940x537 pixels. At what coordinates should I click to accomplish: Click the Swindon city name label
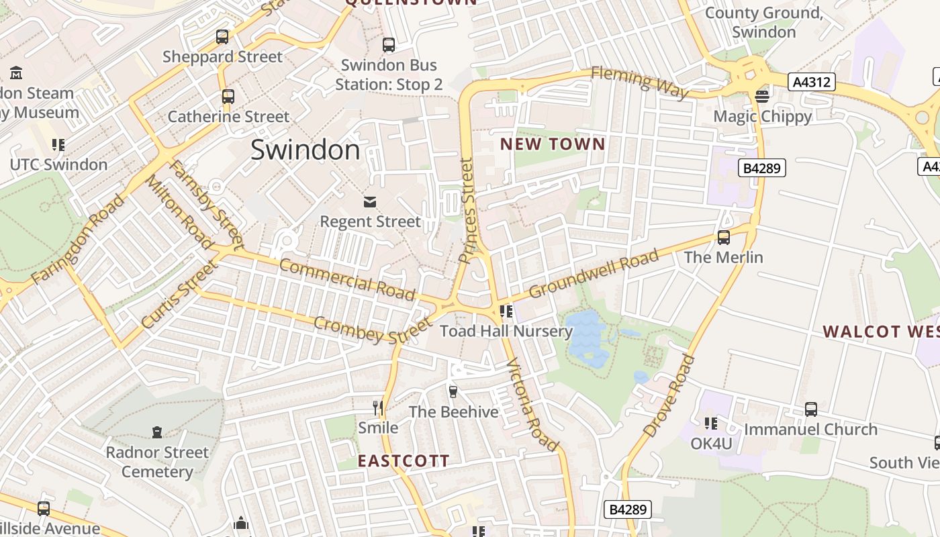305,150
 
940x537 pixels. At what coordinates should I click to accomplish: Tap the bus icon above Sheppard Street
222,37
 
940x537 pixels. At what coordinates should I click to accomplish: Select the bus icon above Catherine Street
228,97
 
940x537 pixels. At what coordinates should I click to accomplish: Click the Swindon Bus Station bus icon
389,45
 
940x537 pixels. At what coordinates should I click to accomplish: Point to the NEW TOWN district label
553,144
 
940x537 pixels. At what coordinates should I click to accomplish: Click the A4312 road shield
812,83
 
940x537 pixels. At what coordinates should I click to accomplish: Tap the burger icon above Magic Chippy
762,96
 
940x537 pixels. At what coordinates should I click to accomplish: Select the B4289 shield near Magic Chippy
762,168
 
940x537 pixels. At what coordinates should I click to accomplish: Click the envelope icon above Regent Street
370,201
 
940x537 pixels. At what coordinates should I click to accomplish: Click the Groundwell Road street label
594,274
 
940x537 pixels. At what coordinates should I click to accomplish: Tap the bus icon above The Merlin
723,237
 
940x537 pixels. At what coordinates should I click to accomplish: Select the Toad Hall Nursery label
506,331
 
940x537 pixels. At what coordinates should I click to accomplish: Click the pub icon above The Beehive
453,391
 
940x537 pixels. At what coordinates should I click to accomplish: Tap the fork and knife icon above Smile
378,407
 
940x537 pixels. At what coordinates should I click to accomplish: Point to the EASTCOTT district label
404,461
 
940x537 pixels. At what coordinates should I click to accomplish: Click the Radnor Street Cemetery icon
157,432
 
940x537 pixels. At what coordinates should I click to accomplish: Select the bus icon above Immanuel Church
811,409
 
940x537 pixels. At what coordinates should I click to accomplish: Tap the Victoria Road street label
532,405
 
